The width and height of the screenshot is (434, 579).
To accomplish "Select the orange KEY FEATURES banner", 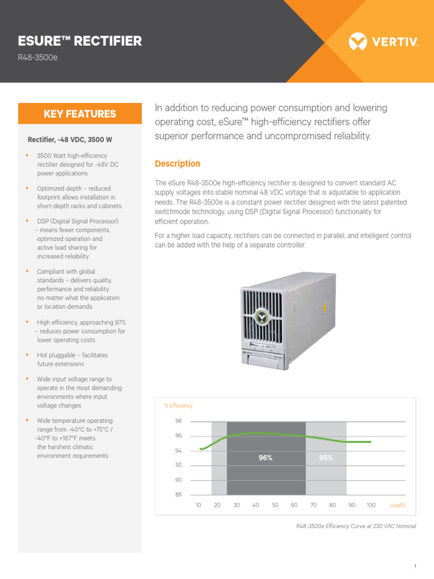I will (x=80, y=114).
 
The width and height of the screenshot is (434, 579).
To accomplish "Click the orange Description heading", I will (x=177, y=163).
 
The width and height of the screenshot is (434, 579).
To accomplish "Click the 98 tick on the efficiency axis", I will (x=179, y=421).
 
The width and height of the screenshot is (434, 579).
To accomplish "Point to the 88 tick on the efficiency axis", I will (x=179, y=495).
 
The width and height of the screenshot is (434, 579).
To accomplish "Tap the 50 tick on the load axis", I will (x=275, y=505).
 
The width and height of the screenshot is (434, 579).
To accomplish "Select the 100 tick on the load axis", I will (x=371, y=505).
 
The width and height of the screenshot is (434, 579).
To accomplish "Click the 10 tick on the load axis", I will (x=198, y=505).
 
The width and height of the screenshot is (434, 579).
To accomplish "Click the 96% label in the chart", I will (x=266, y=458).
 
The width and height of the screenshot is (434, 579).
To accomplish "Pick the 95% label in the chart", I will (x=326, y=458).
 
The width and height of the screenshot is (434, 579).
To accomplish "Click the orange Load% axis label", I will (x=398, y=505).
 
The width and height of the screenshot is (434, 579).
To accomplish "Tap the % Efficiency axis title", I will (x=178, y=405).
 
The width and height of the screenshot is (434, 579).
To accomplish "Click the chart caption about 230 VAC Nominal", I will (x=356, y=526).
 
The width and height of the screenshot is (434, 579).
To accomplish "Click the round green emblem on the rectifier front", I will (x=261, y=317).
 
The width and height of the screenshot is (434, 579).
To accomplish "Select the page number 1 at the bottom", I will (x=415, y=566).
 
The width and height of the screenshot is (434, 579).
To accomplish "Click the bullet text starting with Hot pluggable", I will (x=72, y=360).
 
